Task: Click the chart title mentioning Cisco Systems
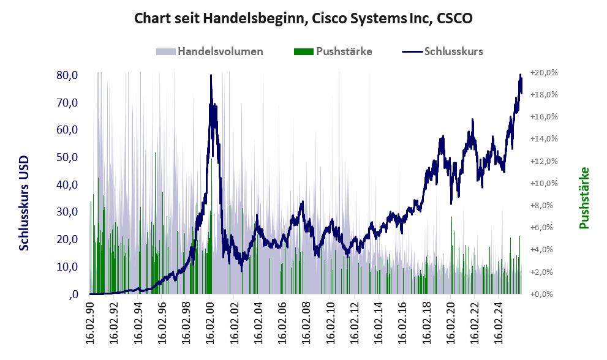click(x=303, y=19)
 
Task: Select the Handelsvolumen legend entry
click(x=220, y=51)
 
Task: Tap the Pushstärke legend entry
click(x=344, y=51)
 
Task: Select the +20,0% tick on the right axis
click(x=543, y=72)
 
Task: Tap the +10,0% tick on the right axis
click(x=543, y=183)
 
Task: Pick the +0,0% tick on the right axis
click(x=543, y=294)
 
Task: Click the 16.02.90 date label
click(x=90, y=322)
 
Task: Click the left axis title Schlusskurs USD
click(x=25, y=202)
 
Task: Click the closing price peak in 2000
click(x=211, y=76)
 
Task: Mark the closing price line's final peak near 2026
click(x=521, y=75)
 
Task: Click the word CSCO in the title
click(x=454, y=19)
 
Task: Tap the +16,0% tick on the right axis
click(x=543, y=116)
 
